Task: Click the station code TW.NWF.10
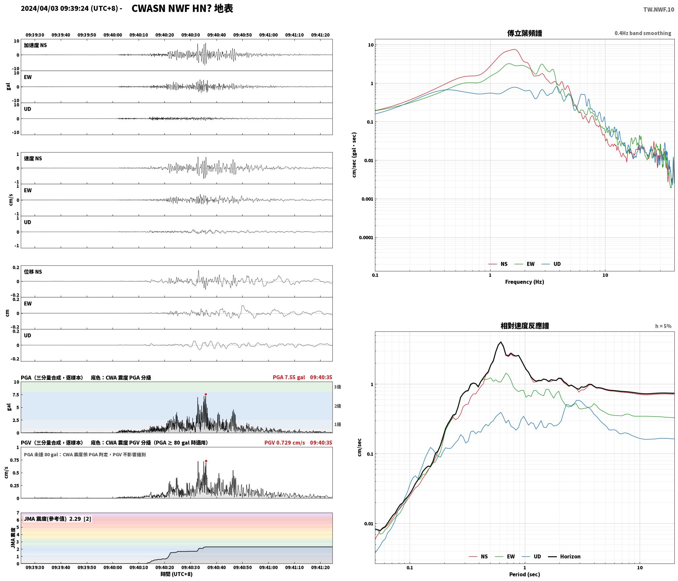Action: tap(659, 10)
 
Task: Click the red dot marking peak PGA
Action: tap(206, 394)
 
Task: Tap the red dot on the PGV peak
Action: tap(206, 461)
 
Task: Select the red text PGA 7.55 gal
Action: tap(289, 377)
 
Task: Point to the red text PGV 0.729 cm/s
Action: tap(285, 442)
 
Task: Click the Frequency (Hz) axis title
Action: tap(525, 282)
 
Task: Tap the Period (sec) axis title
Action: tap(525, 574)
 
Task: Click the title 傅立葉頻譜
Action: tap(525, 33)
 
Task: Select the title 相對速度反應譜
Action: tap(525, 326)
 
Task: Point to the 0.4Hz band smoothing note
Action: tap(643, 33)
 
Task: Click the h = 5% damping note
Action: tap(663, 326)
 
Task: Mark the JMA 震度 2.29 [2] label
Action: tap(57, 519)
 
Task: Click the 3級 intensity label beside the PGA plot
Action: tap(337, 387)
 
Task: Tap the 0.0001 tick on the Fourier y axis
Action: tap(366, 237)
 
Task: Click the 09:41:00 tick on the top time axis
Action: tap(268, 35)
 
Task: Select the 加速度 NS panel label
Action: tap(35, 45)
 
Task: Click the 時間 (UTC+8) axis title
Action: tap(177, 574)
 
